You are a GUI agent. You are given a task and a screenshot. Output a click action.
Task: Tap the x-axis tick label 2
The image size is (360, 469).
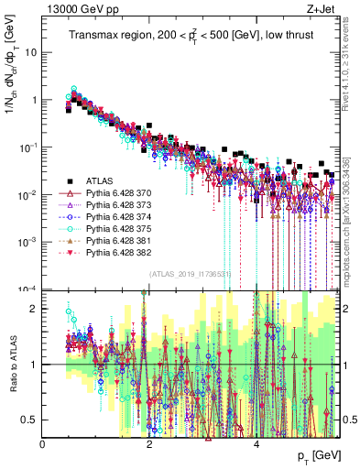click(149, 444)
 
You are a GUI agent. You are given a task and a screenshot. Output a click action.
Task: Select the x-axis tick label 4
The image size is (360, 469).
click(256, 444)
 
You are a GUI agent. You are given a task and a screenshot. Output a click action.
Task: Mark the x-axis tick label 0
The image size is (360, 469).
click(43, 444)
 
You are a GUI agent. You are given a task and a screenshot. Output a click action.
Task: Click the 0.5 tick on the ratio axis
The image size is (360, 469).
click(30, 420)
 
